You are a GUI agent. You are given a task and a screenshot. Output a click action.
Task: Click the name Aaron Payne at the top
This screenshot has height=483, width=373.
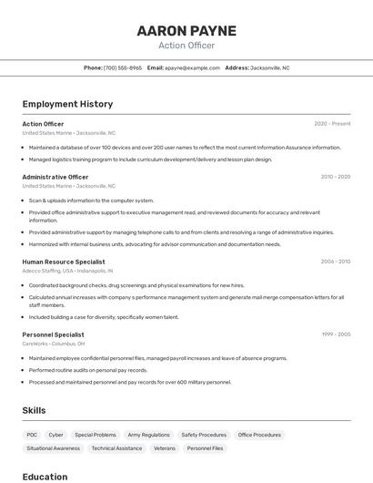point(186,31)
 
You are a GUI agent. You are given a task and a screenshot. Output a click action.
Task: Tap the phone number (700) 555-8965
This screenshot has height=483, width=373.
point(123,67)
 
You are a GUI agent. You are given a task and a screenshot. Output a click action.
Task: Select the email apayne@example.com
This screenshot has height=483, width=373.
point(191,67)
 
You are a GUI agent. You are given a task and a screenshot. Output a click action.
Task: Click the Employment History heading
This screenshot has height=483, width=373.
point(67,104)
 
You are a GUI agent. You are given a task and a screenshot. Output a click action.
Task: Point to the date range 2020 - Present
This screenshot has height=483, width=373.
point(332,124)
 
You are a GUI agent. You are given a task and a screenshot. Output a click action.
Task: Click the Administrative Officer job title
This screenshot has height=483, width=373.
point(55,177)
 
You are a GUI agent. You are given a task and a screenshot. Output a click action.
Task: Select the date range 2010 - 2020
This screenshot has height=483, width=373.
point(335,177)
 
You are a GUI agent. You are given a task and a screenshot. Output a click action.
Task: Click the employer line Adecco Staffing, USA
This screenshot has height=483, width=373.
point(67,271)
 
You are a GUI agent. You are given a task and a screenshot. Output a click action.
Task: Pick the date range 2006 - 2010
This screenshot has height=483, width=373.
point(335,262)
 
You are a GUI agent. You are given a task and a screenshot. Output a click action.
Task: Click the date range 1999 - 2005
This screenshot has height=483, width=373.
point(335,334)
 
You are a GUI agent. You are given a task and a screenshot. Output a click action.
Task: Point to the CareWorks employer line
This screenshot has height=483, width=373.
point(54,344)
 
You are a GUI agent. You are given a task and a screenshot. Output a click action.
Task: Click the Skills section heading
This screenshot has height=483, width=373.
point(35,410)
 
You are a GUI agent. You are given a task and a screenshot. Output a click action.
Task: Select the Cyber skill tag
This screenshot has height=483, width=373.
point(56,435)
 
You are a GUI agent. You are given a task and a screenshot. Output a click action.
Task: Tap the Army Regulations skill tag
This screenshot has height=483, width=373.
point(148,435)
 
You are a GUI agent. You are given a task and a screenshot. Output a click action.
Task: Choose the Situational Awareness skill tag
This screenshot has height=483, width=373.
point(53,448)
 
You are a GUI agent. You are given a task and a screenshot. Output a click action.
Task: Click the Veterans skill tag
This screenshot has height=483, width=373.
point(165,448)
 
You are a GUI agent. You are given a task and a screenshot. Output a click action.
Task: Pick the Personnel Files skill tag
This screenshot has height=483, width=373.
point(205,448)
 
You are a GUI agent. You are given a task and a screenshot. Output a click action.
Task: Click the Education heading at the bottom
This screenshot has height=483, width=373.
point(45,477)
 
